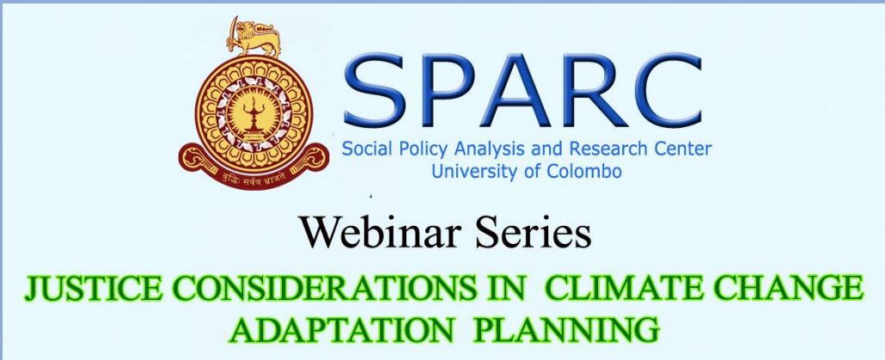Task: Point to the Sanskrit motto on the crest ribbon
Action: coord(253,180)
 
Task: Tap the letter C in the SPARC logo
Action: coord(667,90)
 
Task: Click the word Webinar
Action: coord(380,233)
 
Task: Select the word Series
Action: coord(533,233)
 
